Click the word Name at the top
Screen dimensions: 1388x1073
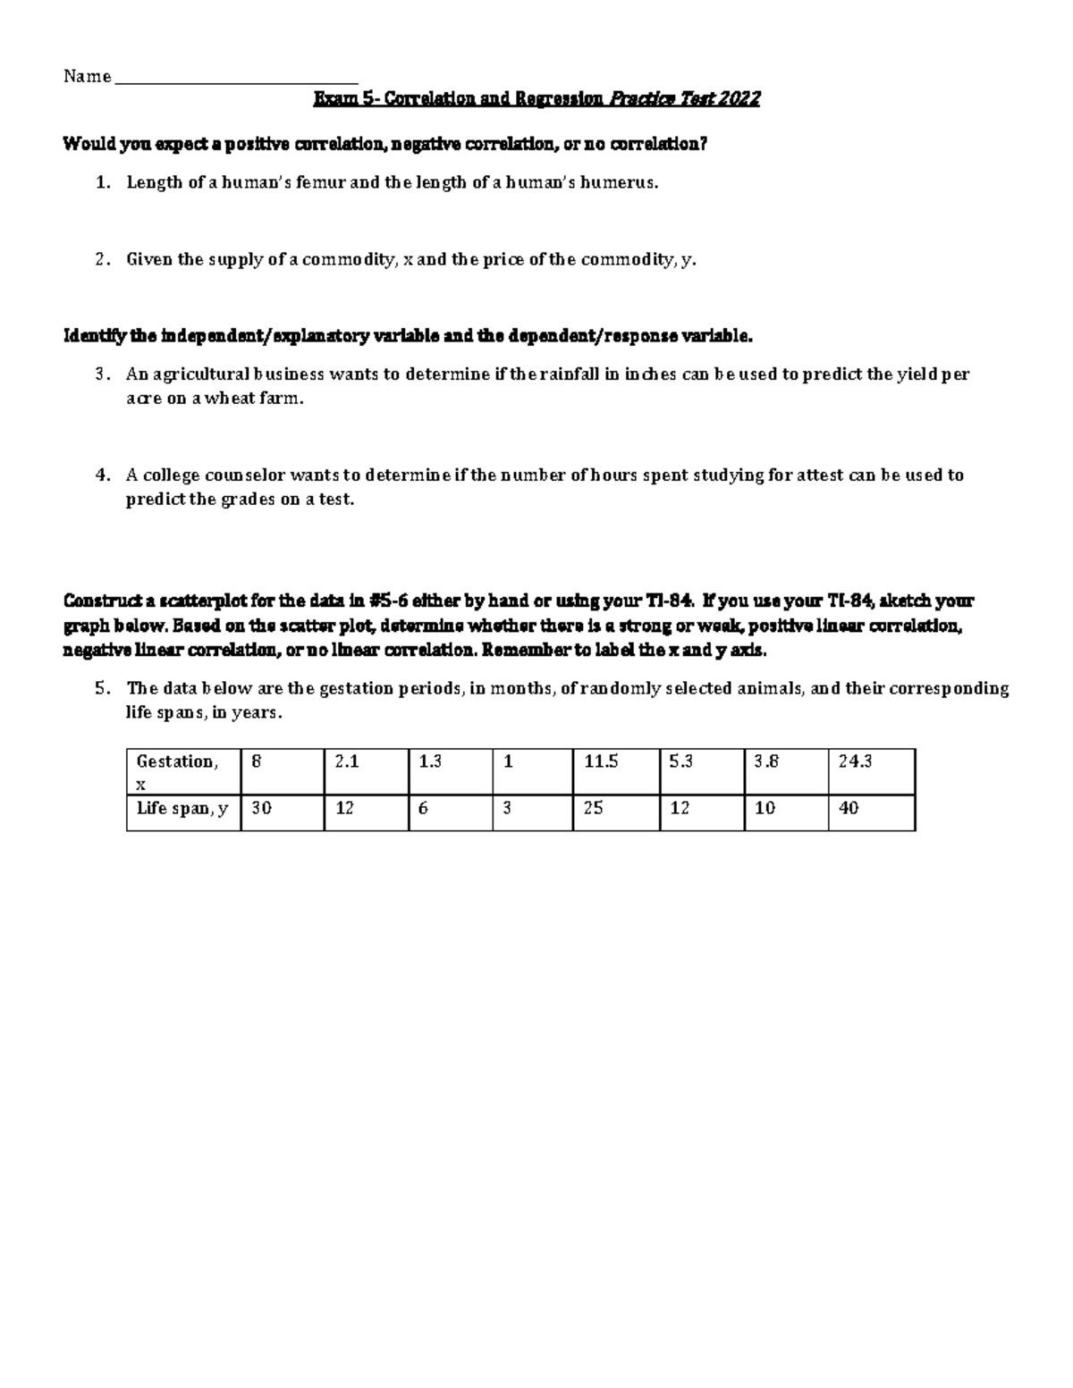[87, 77]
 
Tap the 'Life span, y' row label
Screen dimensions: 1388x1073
[183, 809]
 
